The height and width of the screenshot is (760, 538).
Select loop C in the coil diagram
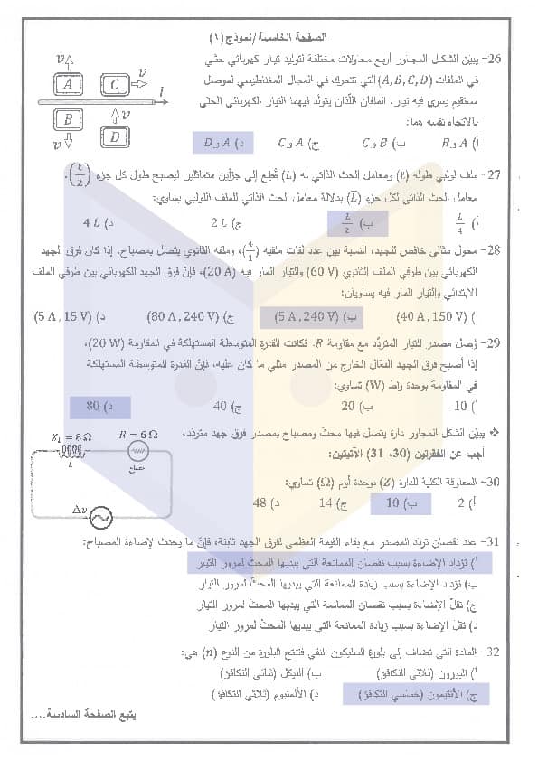114,85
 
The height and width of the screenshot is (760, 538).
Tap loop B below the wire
69,118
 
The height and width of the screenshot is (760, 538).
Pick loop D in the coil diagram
115,136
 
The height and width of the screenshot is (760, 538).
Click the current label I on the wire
161,90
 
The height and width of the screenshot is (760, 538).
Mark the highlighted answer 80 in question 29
97,406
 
